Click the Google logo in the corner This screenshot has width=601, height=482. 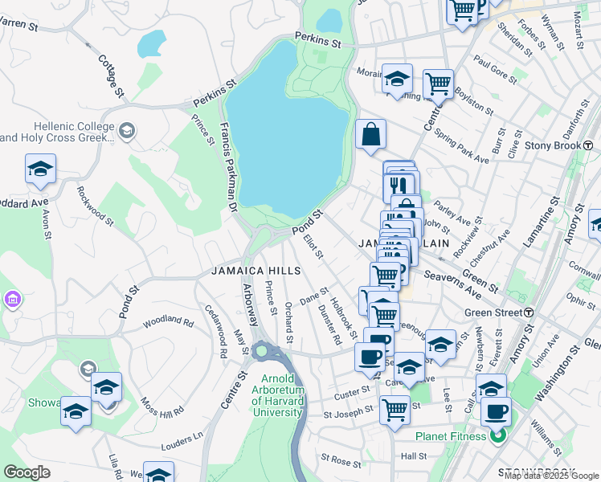pyautogui.click(x=27, y=472)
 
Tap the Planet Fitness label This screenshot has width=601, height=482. pyautogui.click(x=452, y=436)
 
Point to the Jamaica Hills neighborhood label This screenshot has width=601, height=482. pyautogui.click(x=249, y=271)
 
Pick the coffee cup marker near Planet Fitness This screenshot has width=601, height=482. pyautogui.click(x=496, y=411)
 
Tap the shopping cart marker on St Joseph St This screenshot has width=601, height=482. pyautogui.click(x=395, y=410)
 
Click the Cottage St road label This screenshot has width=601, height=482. pyautogui.click(x=111, y=76)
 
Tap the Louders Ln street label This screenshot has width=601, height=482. pyautogui.click(x=182, y=441)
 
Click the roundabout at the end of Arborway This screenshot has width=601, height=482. pyautogui.click(x=262, y=351)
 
